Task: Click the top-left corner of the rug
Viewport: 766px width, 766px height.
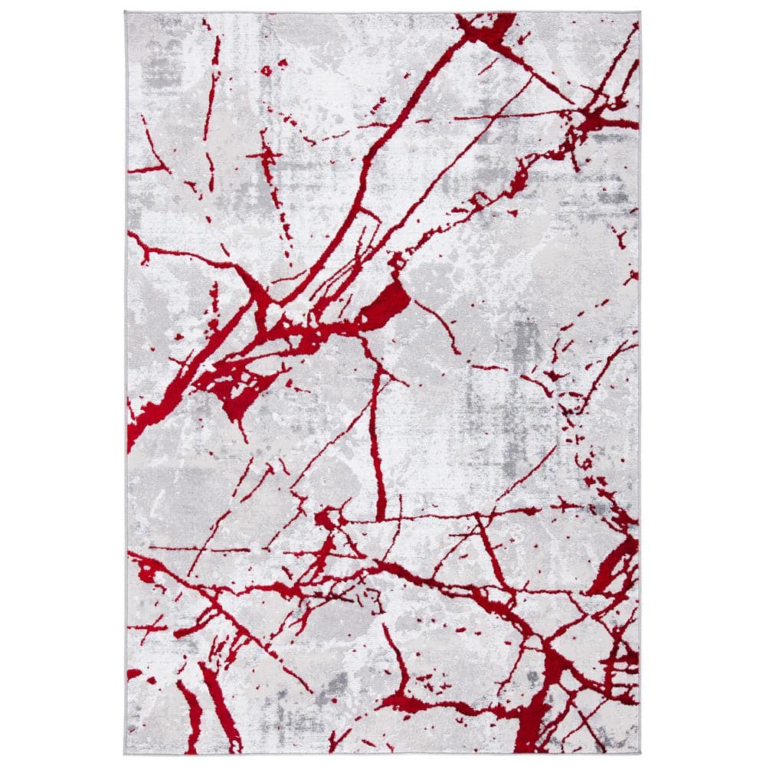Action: (x=126, y=12)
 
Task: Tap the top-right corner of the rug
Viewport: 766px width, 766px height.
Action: (x=640, y=12)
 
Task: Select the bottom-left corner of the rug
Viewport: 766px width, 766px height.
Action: (x=126, y=754)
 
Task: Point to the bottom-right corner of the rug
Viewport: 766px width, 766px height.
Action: (x=640, y=754)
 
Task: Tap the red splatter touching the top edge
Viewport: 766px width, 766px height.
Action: (x=486, y=28)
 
